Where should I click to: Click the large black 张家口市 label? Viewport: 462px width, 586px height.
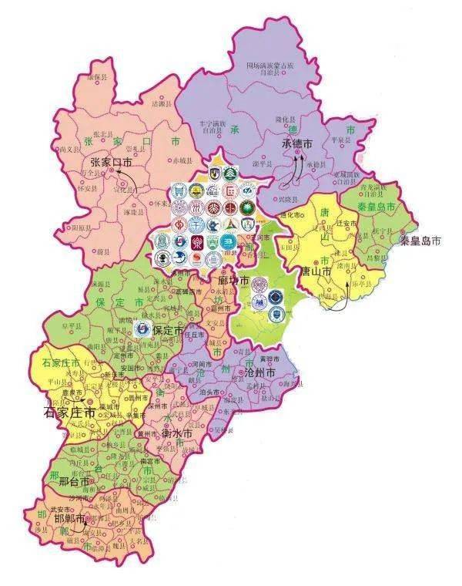pos(111,163)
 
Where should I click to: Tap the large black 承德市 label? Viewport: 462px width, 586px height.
pos(296,144)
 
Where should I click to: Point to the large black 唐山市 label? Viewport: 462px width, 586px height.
pos(316,272)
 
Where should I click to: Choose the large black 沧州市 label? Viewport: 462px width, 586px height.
pos(260,372)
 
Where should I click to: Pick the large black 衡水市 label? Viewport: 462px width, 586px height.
pos(176,433)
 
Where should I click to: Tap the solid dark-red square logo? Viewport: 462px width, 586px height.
pos(197,244)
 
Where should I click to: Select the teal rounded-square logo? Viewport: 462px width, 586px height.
pos(227,242)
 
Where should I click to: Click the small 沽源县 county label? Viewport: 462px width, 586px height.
pos(159,103)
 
